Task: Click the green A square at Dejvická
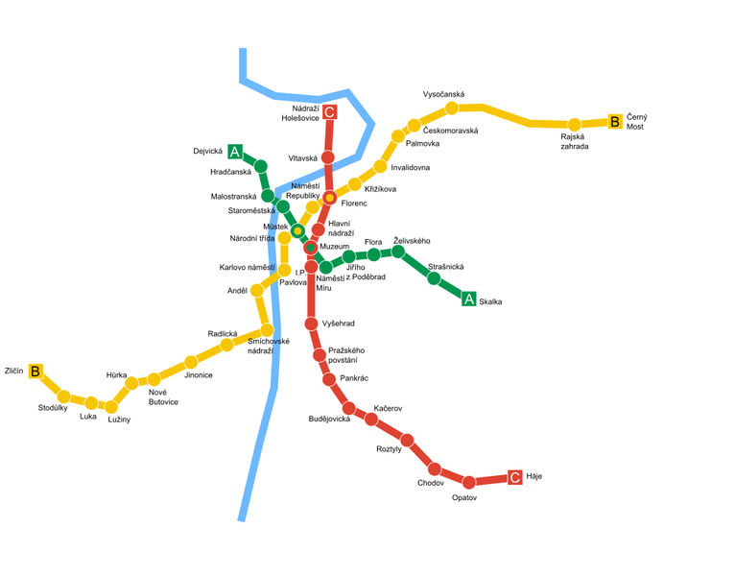coord(235,152)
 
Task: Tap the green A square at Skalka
coord(469,299)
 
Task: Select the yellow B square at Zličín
coord(36,372)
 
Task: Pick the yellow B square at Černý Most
coord(615,122)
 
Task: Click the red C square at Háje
coord(515,477)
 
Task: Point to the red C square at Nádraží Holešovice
coord(329,113)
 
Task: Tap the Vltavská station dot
coord(327,157)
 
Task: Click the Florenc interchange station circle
coord(329,198)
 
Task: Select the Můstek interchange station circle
coord(297,230)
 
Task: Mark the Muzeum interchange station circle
coord(311,248)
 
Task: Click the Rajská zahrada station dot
coord(574,125)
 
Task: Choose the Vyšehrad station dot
coord(311,324)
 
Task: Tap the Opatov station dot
coord(469,482)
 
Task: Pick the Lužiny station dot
coord(111,407)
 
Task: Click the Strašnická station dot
coord(434,278)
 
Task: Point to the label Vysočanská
coord(443,94)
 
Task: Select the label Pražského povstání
coord(346,355)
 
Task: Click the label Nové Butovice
coord(163,396)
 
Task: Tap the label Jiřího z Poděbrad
coord(365,272)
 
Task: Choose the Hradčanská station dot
coord(260,166)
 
